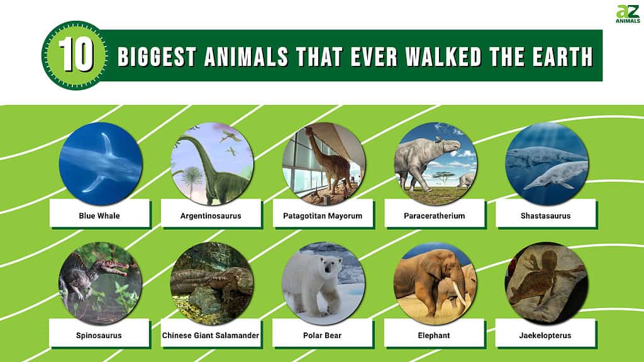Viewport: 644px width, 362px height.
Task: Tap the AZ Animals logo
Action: (628, 14)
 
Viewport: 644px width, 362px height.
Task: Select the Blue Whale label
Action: (99, 216)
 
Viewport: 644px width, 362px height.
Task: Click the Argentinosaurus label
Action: (211, 216)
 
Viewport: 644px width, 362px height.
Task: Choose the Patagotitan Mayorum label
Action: (323, 216)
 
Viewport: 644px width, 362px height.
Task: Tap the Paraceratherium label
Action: (434, 216)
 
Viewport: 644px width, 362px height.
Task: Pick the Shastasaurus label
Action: (546, 216)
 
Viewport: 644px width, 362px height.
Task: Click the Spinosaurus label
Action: (99, 335)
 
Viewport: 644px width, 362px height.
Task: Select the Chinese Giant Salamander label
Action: (211, 335)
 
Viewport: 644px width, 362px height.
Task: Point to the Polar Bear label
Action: (323, 335)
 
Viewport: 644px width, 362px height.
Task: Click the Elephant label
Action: (434, 335)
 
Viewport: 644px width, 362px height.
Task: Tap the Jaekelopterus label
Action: (546, 335)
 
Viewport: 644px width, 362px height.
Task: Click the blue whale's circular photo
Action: (101, 163)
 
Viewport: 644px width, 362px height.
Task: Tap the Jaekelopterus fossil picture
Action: (546, 283)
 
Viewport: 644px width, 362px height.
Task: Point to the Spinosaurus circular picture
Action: (101, 283)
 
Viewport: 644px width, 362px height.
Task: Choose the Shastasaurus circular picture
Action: (546, 163)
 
